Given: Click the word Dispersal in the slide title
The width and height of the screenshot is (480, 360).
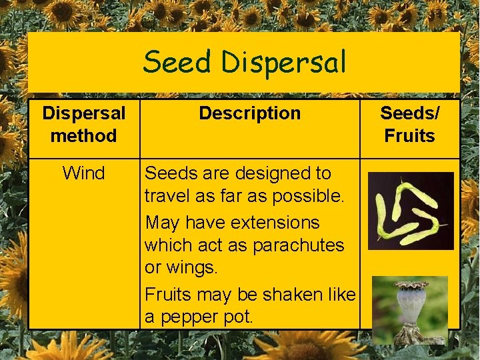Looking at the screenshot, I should coord(284,63).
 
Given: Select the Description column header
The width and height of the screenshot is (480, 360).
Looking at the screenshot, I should coord(249,113).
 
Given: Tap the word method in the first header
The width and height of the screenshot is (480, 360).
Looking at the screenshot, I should coord(83,136).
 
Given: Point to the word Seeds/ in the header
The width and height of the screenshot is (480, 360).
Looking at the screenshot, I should coord(409,113).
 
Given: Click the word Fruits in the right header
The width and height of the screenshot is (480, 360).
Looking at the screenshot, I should coord(409,136).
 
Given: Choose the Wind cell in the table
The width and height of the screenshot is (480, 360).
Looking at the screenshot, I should coord(83,173).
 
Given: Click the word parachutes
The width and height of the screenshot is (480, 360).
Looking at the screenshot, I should coord(297,245).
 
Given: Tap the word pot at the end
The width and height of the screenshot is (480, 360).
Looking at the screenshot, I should coord(241,317).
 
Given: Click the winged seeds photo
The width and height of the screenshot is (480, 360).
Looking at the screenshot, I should coord(411,211).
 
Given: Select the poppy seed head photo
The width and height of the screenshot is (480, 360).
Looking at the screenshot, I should coord(409,309).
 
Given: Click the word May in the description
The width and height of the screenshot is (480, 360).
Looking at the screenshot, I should coord(162,223).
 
